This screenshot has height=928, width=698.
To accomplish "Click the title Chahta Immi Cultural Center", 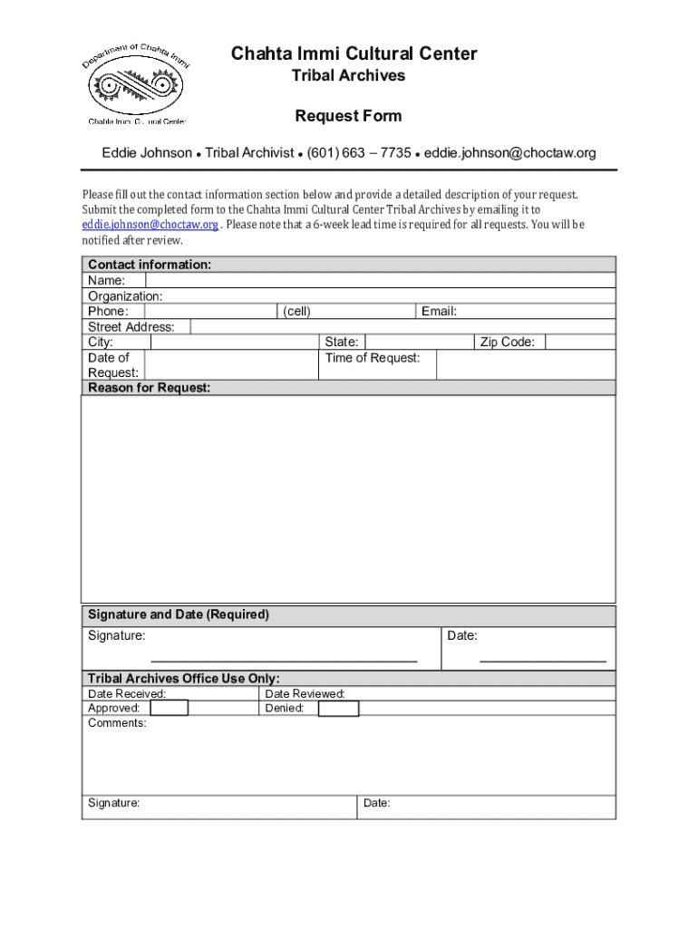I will [x=354, y=53].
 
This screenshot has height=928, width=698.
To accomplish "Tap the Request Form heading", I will [x=348, y=116].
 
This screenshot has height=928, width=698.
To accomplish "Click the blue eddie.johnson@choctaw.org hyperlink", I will [x=150, y=225].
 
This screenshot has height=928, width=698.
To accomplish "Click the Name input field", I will [x=373, y=281].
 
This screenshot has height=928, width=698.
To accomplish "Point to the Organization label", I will [x=125, y=296].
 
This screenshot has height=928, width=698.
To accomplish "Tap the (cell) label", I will [x=296, y=312].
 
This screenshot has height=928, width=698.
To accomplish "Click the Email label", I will [x=439, y=312].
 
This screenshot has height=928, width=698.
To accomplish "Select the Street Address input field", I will [x=403, y=327].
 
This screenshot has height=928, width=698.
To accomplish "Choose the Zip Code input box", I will [x=580, y=343].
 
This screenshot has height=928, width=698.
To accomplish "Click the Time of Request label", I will [x=373, y=358].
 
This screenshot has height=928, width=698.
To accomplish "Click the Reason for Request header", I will [x=149, y=388].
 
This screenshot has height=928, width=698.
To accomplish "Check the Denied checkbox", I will [x=339, y=709].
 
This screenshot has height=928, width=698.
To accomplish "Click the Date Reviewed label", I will [x=305, y=694].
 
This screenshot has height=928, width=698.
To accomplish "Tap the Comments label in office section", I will [x=117, y=723].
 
